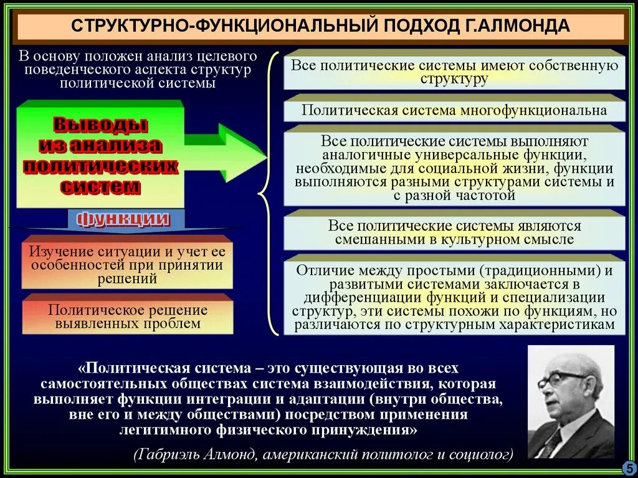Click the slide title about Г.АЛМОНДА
320,26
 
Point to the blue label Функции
123,219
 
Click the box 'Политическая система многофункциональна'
454,110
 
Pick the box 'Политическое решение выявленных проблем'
127,317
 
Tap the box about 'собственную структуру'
454,72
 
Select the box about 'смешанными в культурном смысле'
454,232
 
